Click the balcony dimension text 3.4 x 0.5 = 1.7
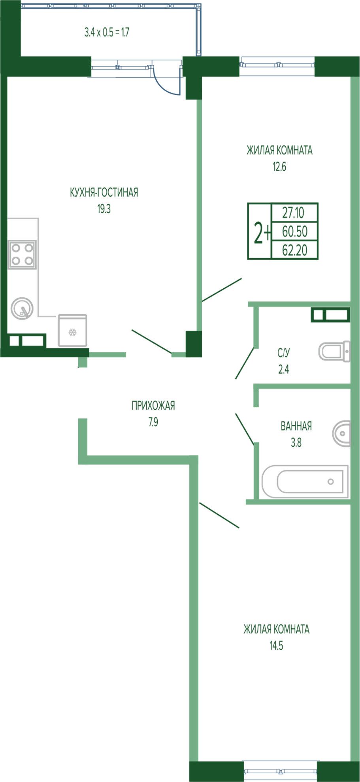(107, 32)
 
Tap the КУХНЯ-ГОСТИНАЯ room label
(104, 192)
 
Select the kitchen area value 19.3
(104, 209)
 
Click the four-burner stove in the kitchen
(22, 255)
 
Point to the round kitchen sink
(22, 308)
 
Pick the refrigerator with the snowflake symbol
(72, 331)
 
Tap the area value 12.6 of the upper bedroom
(279, 167)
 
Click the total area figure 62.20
(295, 250)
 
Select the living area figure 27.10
(293, 213)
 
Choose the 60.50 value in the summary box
(295, 231)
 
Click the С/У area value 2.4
(284, 370)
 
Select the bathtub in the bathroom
(305, 481)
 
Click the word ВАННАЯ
(296, 426)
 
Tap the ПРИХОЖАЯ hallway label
(153, 406)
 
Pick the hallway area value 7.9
(153, 422)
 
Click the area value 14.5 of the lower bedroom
(276, 646)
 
